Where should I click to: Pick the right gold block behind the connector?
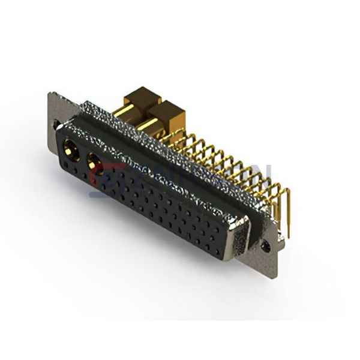click(x=170, y=114)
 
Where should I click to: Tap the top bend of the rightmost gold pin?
click(x=284, y=192)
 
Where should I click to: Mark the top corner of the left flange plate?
click(x=50, y=94)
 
